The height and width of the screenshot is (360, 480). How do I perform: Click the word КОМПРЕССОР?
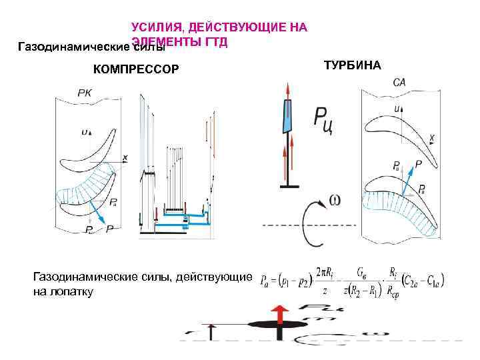click(x=136, y=69)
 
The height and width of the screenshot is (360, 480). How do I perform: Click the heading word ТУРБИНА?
click(x=352, y=65)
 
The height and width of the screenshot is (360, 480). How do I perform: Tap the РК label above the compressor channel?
click(x=85, y=93)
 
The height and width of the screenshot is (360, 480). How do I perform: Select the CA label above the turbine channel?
click(x=399, y=83)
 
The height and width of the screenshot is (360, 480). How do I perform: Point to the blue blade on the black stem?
click(x=287, y=117)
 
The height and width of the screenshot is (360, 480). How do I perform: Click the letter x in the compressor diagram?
click(x=125, y=157)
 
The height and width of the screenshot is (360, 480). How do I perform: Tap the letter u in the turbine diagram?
click(x=397, y=107)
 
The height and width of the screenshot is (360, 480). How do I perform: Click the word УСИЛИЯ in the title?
click(x=157, y=27)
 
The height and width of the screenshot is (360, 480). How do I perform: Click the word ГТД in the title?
click(x=217, y=41)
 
